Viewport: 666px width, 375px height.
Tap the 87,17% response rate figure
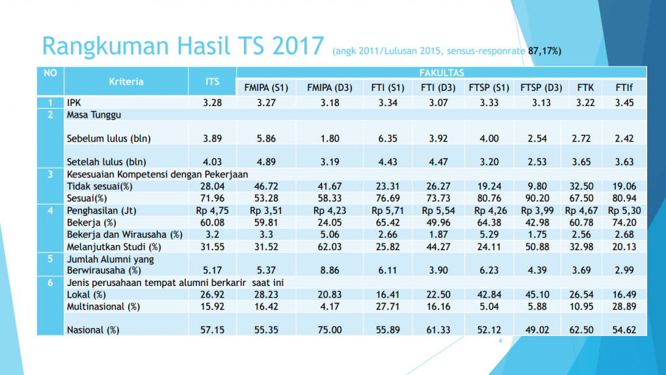coord(544,50)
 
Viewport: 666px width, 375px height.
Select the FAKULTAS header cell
coord(442,72)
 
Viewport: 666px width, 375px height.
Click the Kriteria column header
coord(126,82)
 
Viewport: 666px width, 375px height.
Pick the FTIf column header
coord(625,88)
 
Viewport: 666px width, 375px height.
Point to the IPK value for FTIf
coord(625,103)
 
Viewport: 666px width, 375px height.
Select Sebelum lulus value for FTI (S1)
coord(384,138)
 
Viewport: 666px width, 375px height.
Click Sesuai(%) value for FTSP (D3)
coord(541,198)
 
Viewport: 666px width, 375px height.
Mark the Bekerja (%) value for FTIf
coord(625,222)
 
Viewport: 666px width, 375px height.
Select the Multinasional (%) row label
coord(103,306)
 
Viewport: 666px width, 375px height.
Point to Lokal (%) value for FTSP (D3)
coord(541,294)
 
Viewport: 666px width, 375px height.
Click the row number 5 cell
coord(50,259)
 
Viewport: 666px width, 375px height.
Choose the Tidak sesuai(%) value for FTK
coord(581,186)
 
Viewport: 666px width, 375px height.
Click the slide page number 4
coord(501,341)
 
